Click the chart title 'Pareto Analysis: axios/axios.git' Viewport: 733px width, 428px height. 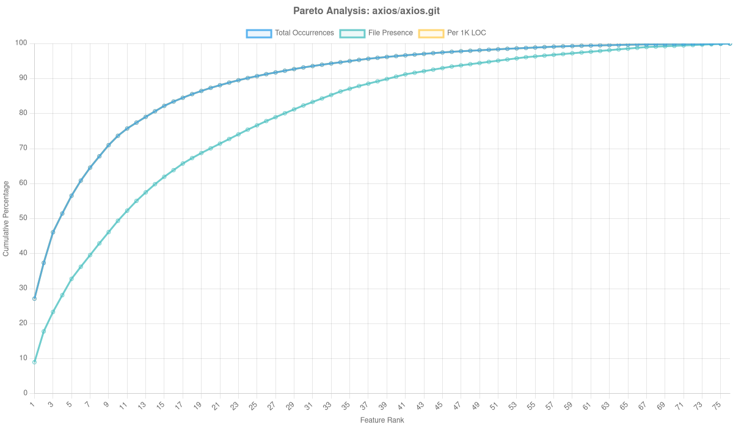[366, 11]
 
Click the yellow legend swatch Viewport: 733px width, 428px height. [431, 33]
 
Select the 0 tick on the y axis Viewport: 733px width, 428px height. [26, 393]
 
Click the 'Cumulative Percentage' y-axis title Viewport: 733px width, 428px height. [5, 218]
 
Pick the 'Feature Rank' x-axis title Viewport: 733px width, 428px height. [382, 421]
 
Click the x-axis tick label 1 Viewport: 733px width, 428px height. [32, 404]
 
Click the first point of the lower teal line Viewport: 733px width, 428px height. [34, 362]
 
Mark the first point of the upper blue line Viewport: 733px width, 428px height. [34, 298]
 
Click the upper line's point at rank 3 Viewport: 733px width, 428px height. [53, 232]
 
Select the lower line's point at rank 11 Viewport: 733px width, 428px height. [127, 211]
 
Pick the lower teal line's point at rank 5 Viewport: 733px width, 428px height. [71, 279]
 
